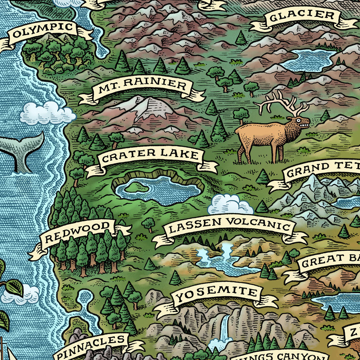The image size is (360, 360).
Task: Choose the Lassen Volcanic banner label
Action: click(229, 225)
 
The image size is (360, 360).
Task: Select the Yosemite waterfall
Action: click(224, 327)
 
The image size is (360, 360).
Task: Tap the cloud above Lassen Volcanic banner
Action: click(230, 205)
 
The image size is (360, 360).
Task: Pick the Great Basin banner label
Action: click(329, 260)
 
